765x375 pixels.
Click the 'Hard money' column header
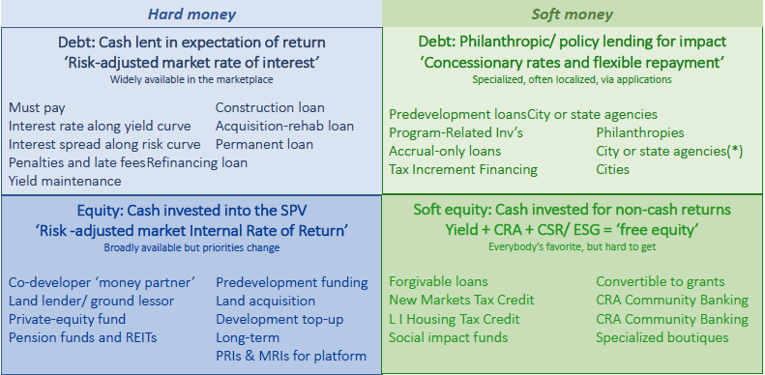point(191,14)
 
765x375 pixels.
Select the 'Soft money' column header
point(572,14)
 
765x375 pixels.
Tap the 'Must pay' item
point(37,108)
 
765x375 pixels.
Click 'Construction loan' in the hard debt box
point(270,108)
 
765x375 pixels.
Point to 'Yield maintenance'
point(65,182)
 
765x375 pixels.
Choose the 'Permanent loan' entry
point(264,145)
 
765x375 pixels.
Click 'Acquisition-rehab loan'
point(285,127)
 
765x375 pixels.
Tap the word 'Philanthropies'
point(640,132)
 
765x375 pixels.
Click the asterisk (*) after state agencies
point(734,151)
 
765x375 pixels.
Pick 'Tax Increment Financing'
point(463,170)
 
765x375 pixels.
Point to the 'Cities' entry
point(613,170)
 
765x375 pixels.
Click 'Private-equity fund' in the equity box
point(67,319)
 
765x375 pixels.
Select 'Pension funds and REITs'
point(83,337)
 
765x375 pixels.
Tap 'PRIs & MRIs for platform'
point(291,356)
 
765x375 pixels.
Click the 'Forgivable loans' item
point(438,282)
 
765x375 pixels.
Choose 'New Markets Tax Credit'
point(461,300)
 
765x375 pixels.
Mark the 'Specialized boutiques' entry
point(662,337)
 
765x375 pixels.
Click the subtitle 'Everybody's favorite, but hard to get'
point(572,247)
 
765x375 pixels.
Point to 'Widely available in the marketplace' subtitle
point(191,80)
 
